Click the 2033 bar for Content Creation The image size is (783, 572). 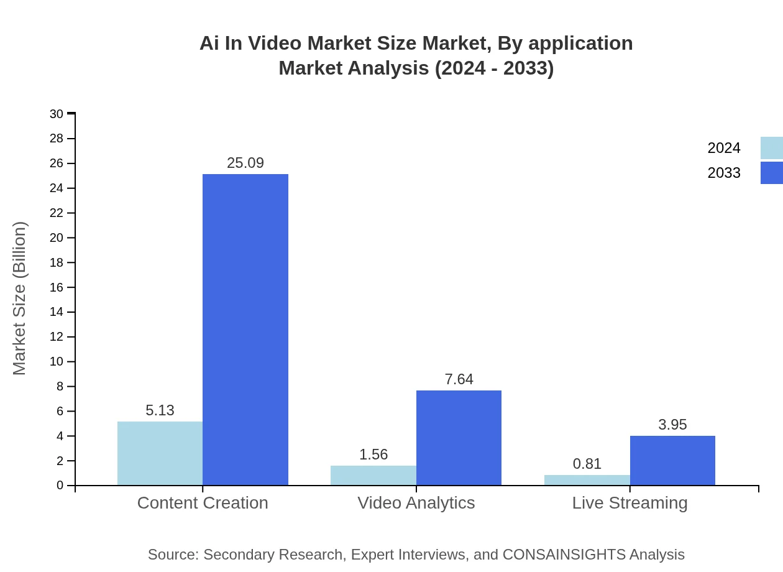pyautogui.click(x=245, y=330)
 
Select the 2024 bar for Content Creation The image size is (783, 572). pyautogui.click(x=160, y=453)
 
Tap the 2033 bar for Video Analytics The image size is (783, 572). pyautogui.click(x=459, y=438)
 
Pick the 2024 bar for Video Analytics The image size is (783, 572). pyautogui.click(x=373, y=476)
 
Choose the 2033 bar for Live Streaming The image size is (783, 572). pyautogui.click(x=672, y=461)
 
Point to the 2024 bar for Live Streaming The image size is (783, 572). pyautogui.click(x=587, y=480)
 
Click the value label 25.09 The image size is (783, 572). pyautogui.click(x=245, y=163)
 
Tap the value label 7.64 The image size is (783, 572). pyautogui.click(x=459, y=379)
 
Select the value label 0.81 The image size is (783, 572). pyautogui.click(x=587, y=464)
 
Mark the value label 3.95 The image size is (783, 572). pyautogui.click(x=672, y=425)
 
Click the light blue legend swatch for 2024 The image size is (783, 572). pyautogui.click(x=771, y=148)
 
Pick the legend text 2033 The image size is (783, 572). pyautogui.click(x=724, y=173)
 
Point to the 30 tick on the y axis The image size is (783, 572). pyautogui.click(x=57, y=114)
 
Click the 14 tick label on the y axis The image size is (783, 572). pyautogui.click(x=57, y=312)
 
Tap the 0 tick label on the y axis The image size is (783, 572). pyautogui.click(x=60, y=486)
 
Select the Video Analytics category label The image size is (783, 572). pyautogui.click(x=416, y=502)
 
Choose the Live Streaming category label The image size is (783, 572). pyautogui.click(x=630, y=502)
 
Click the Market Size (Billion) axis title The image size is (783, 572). pyautogui.click(x=19, y=298)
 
